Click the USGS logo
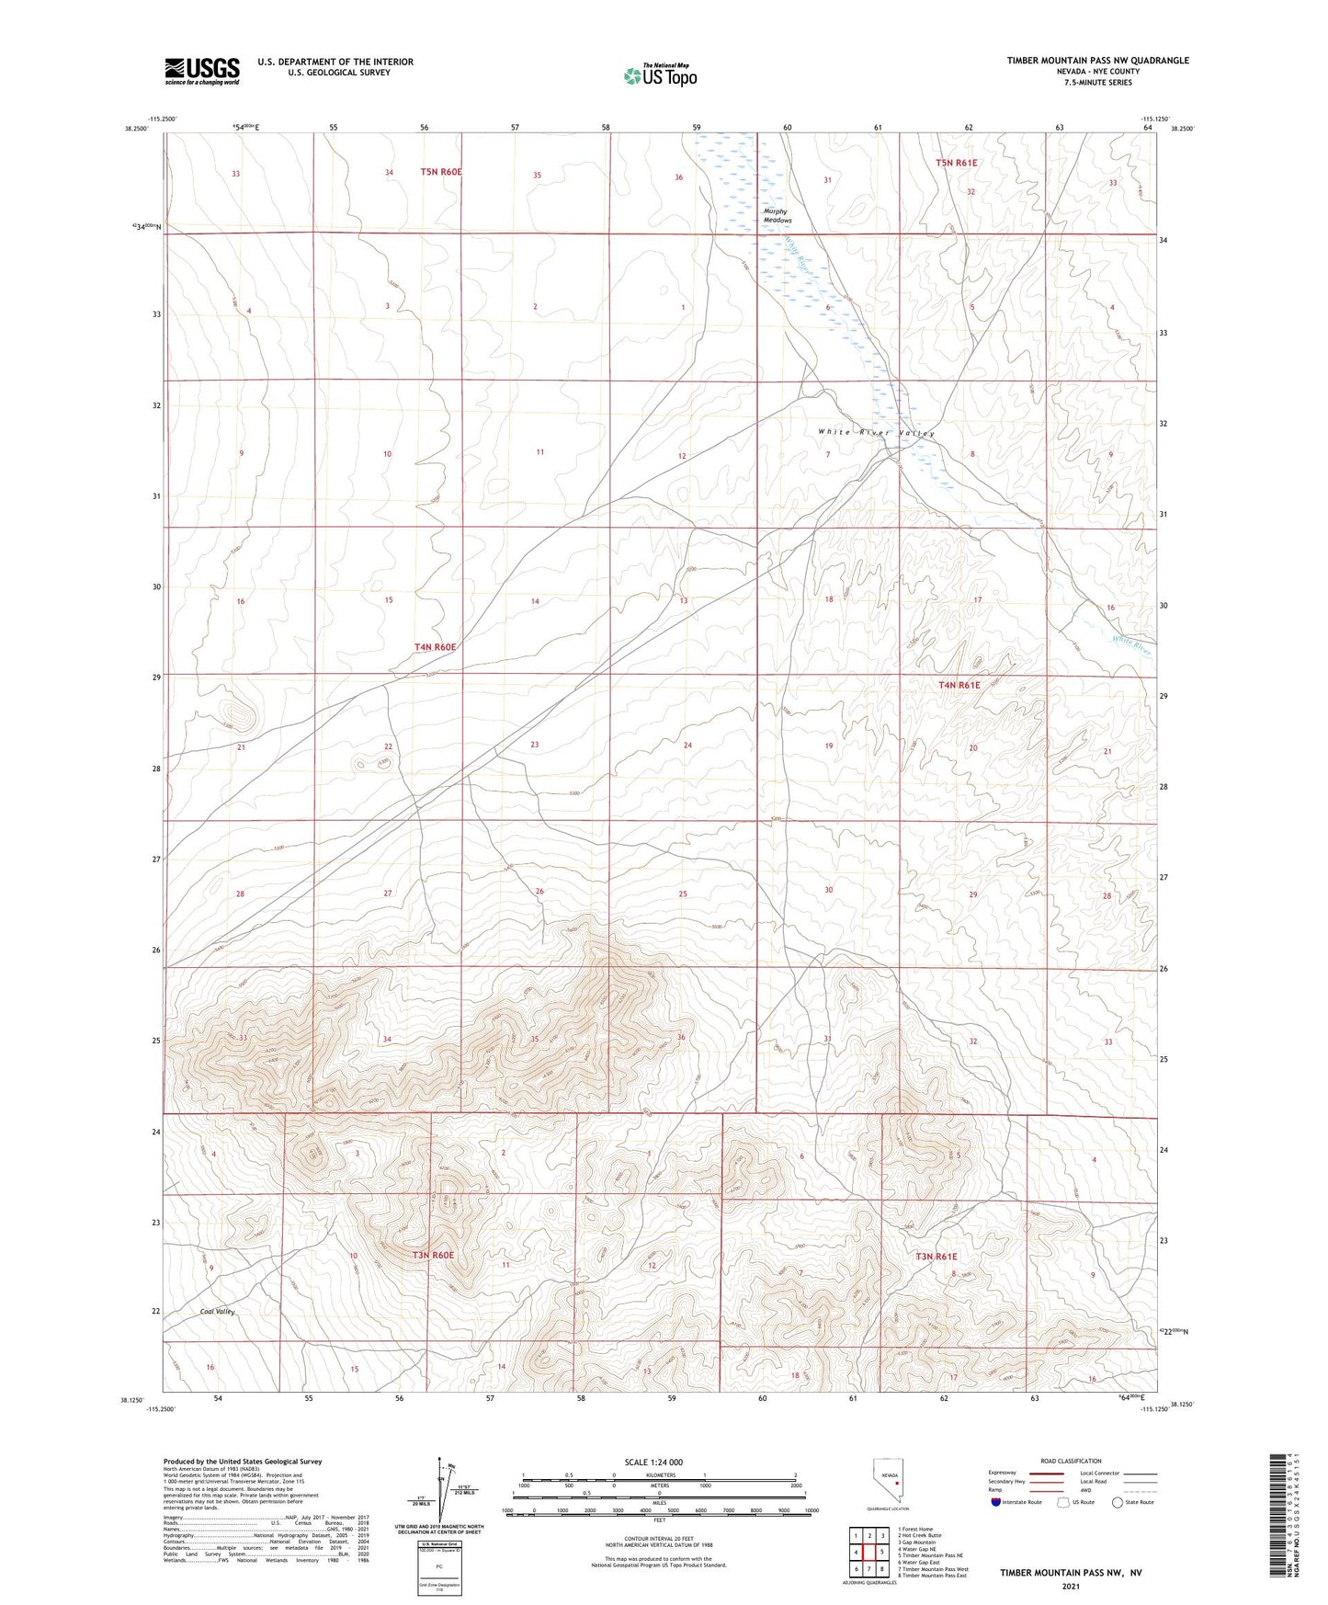(202, 70)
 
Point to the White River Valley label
(876, 433)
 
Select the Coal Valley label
(218, 1312)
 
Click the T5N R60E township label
(440, 172)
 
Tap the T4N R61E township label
(959, 685)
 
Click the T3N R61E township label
(936, 1256)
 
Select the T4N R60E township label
(435, 647)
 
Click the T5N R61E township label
(956, 163)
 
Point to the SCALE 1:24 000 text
(653, 1462)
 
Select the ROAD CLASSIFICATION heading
(1071, 1461)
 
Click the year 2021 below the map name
(1070, 1587)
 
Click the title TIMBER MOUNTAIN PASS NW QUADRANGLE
(1097, 61)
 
